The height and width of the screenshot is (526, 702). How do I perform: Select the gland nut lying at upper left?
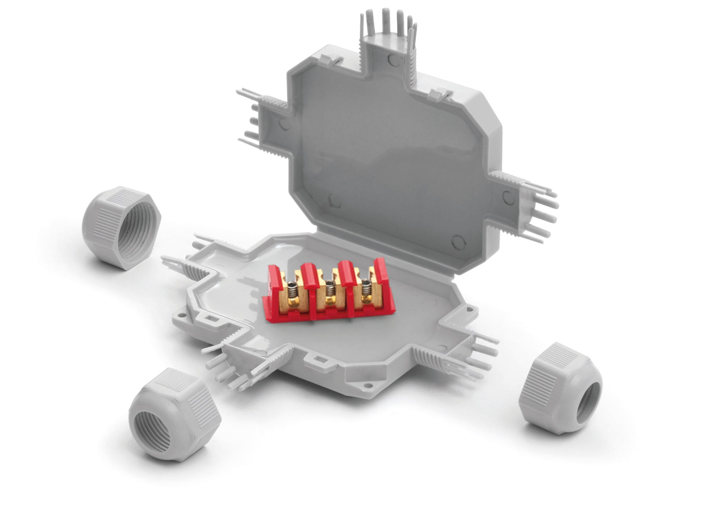[121, 228]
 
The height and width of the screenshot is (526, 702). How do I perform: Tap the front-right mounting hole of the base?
[368, 385]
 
